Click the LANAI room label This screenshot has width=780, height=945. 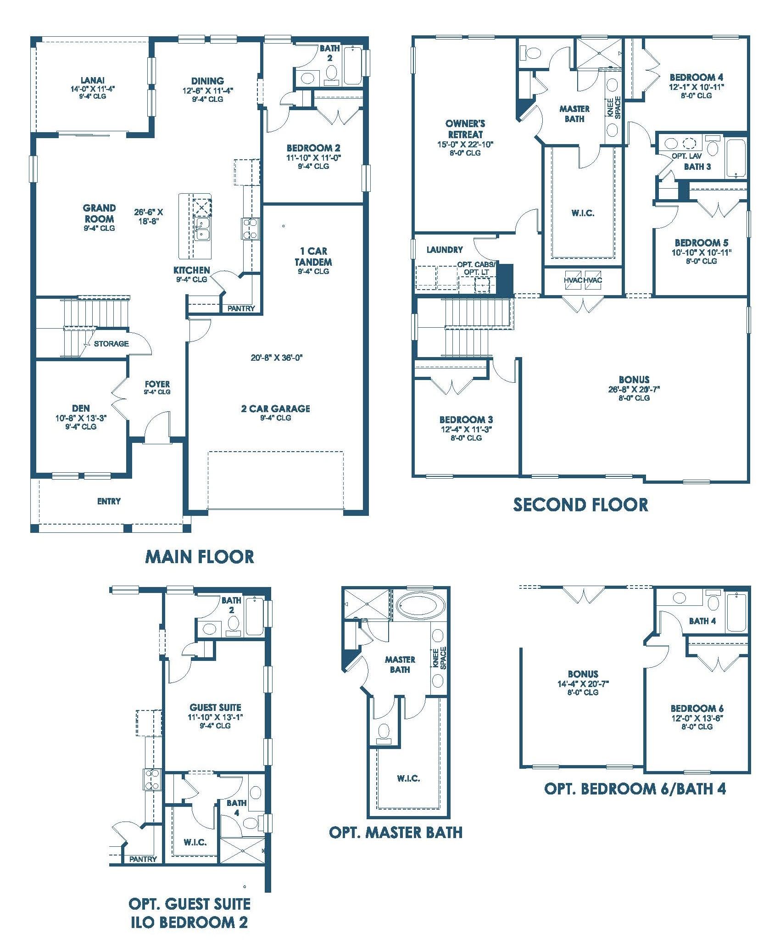[x=92, y=80]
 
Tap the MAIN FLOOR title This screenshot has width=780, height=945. [x=200, y=557]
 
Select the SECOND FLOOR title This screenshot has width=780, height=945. [x=580, y=505]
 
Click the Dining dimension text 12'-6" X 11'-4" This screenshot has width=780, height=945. [x=208, y=90]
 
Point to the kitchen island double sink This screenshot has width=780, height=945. [x=201, y=229]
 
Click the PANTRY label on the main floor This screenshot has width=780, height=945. [x=241, y=309]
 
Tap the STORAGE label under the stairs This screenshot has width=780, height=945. [x=111, y=343]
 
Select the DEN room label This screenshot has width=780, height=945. [x=81, y=408]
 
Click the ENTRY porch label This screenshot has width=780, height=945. [x=109, y=501]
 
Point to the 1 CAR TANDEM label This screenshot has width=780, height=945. [x=314, y=257]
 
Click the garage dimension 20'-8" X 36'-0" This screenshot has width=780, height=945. [x=277, y=358]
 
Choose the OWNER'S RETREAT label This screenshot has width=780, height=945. [x=465, y=129]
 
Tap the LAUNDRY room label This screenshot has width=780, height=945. [x=445, y=250]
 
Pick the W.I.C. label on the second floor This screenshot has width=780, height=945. [x=583, y=213]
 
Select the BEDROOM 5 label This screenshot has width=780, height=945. [x=702, y=243]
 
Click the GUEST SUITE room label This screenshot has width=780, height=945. [x=215, y=708]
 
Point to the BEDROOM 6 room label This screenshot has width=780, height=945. [x=697, y=709]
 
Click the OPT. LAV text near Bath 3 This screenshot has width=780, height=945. [x=687, y=156]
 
